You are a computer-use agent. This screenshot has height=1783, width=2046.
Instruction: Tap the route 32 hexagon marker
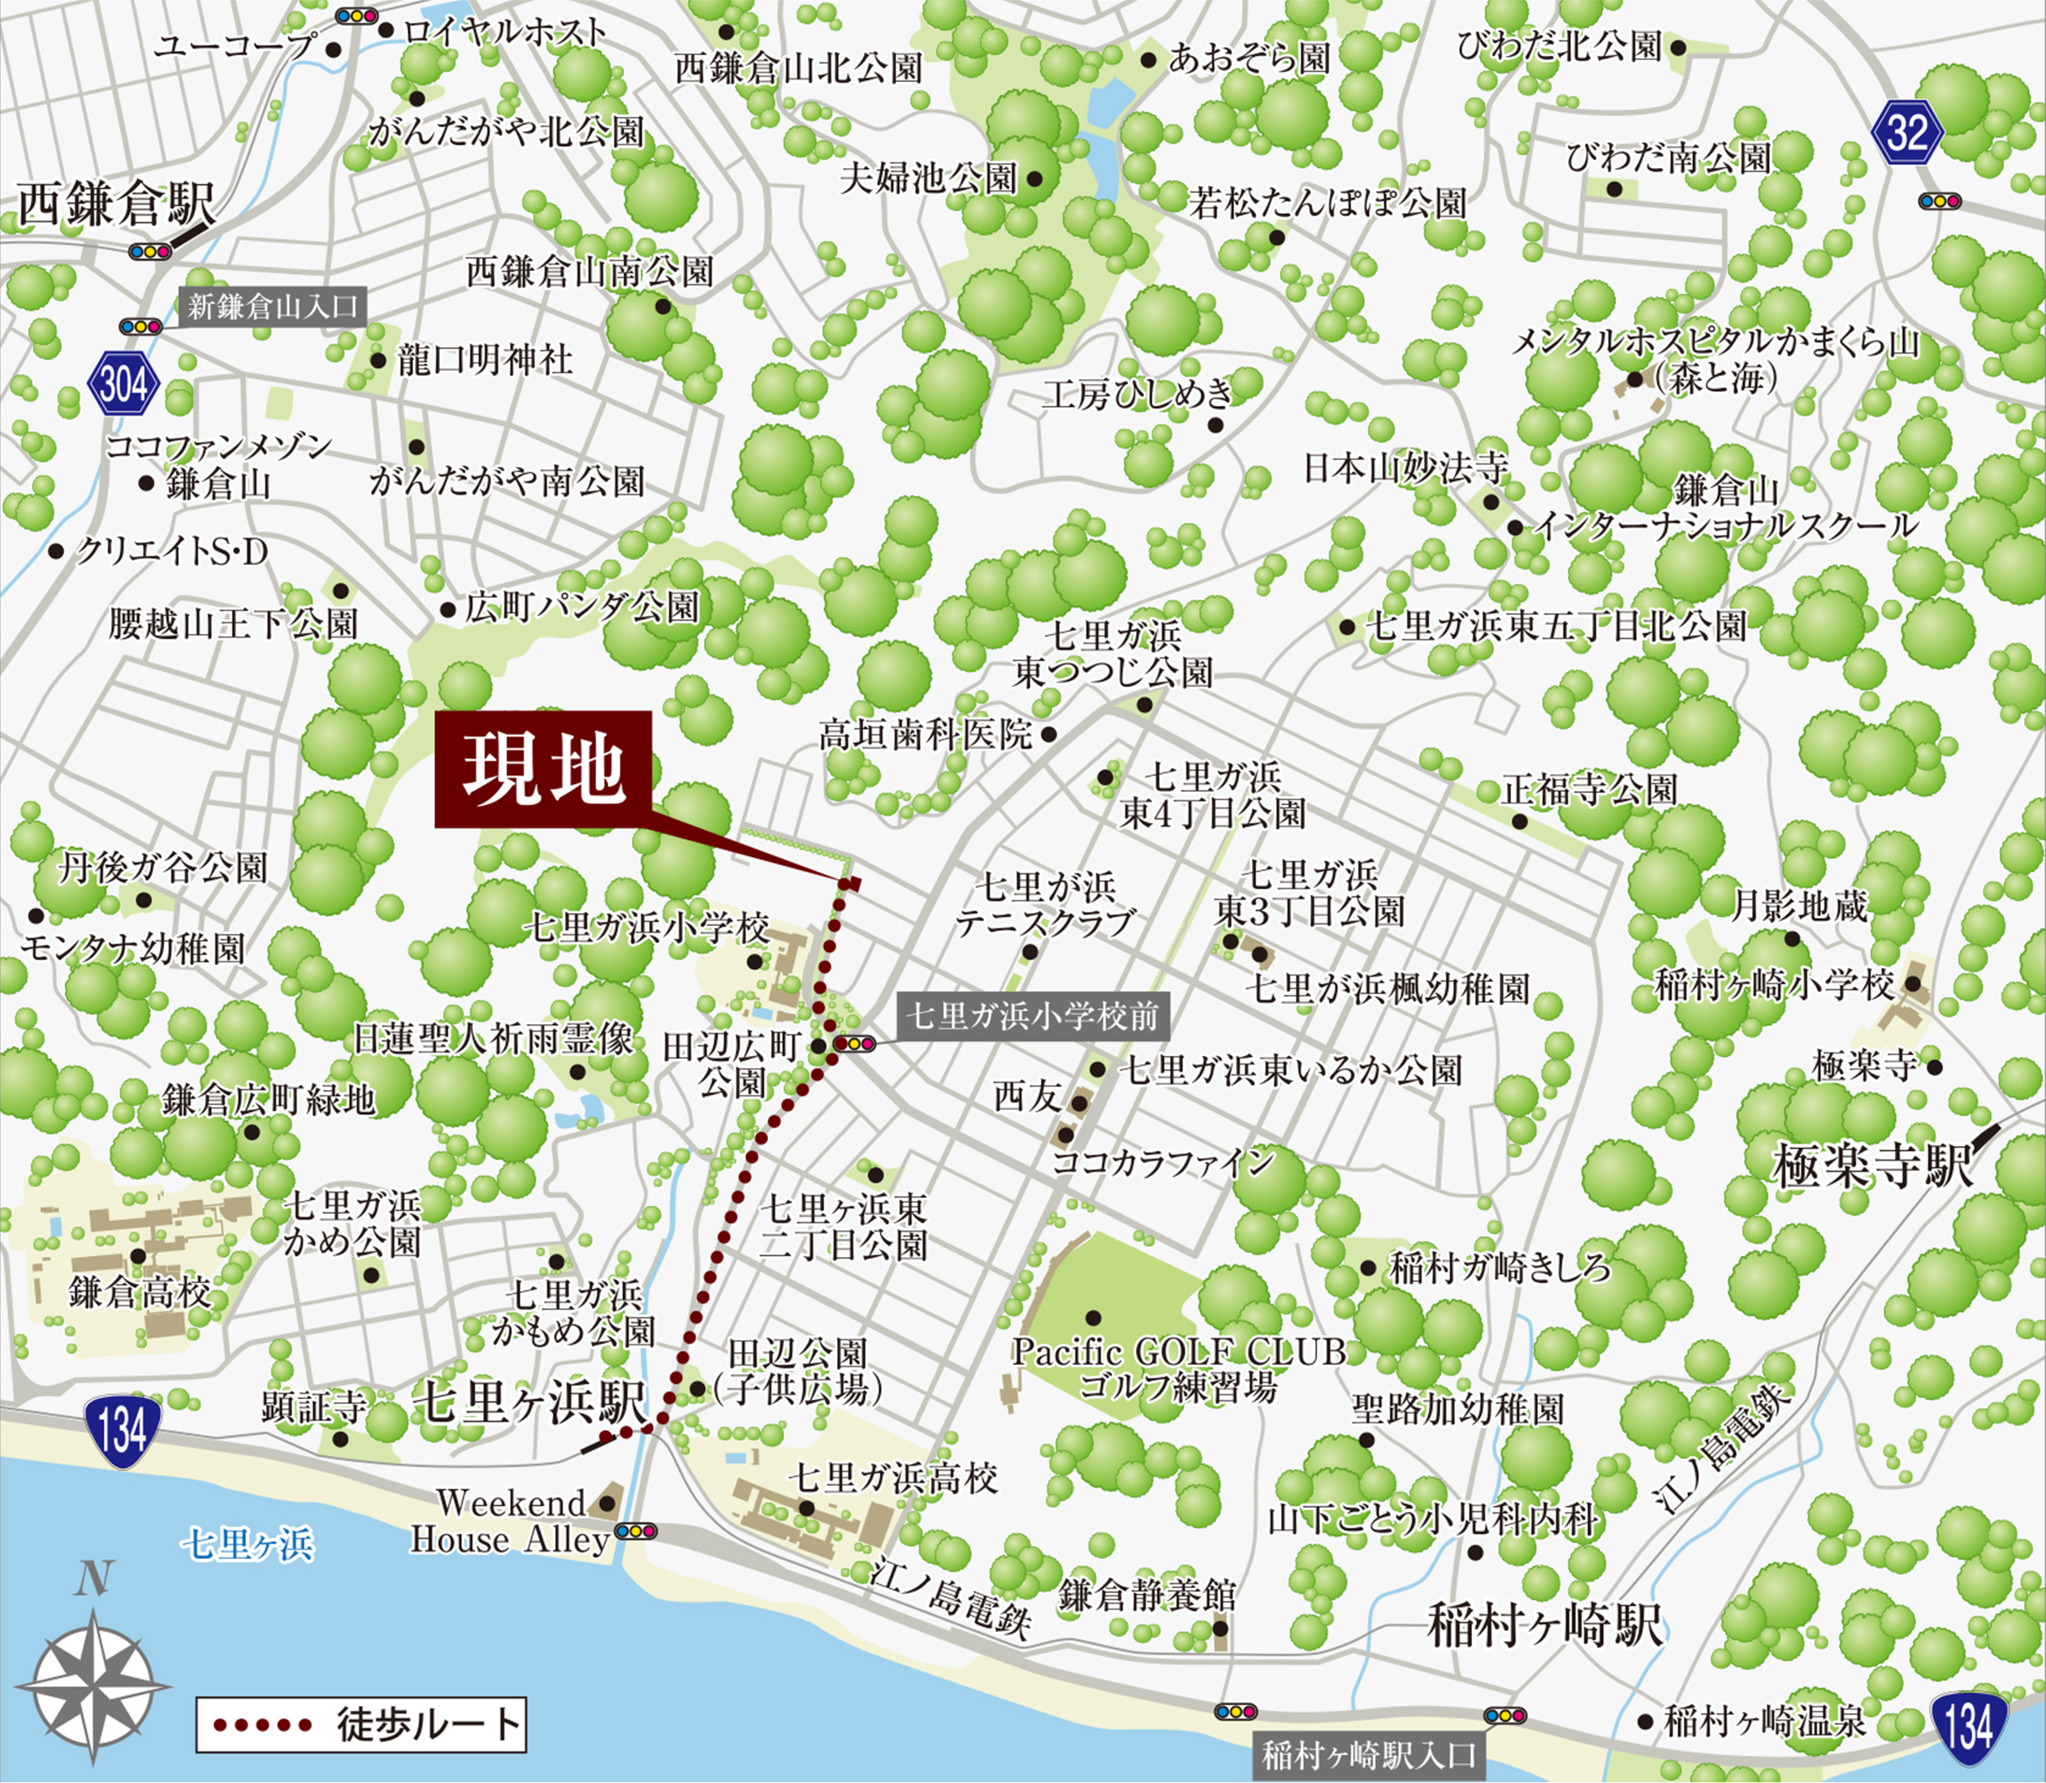tap(1906, 132)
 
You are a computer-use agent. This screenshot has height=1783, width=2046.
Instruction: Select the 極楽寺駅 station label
tap(1871, 1166)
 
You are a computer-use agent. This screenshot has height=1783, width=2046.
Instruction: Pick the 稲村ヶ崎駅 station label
tap(1544, 1625)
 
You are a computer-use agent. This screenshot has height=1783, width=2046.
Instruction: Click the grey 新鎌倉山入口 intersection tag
tap(273, 307)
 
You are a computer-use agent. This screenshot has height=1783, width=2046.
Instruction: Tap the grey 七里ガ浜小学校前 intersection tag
tap(1032, 1016)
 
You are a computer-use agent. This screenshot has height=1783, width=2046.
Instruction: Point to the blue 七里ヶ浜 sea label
tap(247, 1544)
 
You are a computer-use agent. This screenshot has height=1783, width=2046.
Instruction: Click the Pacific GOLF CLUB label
tap(1178, 1351)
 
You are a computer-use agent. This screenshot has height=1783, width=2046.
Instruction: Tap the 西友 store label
tap(1027, 1097)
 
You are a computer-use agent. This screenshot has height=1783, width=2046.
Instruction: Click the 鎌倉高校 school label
tap(140, 1293)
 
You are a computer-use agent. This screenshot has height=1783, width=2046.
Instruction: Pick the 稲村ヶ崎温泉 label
tap(1765, 1721)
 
